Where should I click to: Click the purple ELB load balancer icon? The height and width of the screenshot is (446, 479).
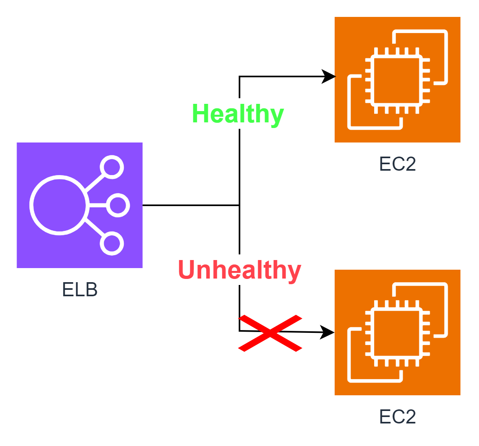click(x=79, y=205)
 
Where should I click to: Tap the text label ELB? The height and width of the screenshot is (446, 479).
click(x=80, y=289)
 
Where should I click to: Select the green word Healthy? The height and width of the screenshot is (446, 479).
click(x=238, y=114)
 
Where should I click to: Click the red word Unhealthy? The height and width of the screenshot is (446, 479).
click(x=240, y=270)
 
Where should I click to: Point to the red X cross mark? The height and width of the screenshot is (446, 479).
click(x=270, y=333)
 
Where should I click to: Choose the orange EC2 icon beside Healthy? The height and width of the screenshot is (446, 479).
click(x=398, y=80)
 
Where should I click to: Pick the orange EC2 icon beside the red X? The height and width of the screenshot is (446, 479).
click(x=398, y=332)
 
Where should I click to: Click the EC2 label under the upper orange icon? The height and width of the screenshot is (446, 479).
click(x=398, y=164)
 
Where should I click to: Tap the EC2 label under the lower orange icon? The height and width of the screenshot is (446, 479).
click(x=398, y=417)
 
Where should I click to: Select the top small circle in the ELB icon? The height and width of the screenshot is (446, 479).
click(x=112, y=167)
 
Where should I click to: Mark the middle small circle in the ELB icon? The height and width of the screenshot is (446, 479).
click(x=118, y=205)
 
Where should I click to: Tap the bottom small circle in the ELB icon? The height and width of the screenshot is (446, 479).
click(x=112, y=243)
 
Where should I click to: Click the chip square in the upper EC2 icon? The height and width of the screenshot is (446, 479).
click(x=397, y=81)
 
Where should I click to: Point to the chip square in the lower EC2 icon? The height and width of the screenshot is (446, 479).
click(x=397, y=334)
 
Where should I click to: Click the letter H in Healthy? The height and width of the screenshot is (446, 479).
click(x=200, y=114)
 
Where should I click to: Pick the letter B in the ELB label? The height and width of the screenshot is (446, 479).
click(x=92, y=289)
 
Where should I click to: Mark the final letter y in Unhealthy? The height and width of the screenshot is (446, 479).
click(x=295, y=271)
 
